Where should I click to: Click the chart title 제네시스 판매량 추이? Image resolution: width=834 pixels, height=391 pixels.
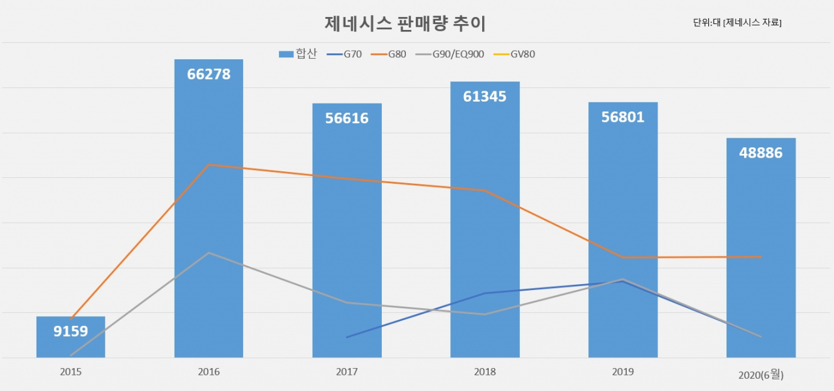405,23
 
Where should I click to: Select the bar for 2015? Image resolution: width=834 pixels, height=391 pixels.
71,337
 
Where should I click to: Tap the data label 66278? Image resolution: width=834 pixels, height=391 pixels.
209,74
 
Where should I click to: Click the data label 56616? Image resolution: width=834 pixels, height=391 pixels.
347,118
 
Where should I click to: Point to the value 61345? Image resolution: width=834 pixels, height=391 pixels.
485,96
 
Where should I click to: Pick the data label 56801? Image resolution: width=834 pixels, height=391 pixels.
623,117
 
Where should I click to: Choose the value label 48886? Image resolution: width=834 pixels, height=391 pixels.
760,152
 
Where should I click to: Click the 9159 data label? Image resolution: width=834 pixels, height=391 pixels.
71,331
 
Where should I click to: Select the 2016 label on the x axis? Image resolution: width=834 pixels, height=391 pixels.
209,371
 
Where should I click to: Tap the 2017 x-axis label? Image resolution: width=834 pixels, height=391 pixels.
347,371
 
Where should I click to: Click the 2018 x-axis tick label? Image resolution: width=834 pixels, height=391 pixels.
485,371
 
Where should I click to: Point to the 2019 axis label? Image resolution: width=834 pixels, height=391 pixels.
623,371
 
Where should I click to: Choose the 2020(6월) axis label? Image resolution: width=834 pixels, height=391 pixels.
761,375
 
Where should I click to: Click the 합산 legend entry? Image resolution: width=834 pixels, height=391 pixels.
298,54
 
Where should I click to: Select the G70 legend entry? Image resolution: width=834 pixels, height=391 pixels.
344,54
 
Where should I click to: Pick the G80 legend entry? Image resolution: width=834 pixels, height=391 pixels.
388,54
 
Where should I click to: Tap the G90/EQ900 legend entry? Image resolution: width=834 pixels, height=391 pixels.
450,54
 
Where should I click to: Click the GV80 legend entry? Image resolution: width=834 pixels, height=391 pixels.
514,54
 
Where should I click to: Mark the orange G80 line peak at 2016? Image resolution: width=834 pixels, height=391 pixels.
209,165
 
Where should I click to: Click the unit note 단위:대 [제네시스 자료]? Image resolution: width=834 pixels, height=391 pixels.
737,22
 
